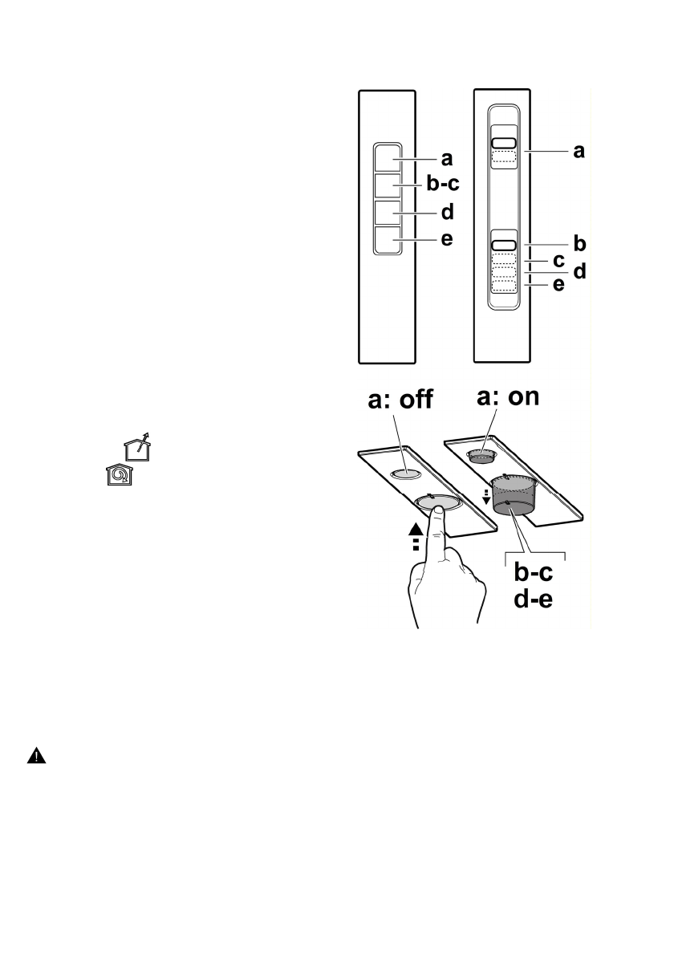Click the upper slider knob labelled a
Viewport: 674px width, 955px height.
tap(503, 143)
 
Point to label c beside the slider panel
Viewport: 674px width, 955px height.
tap(559, 260)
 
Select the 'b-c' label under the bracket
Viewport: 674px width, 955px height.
tap(534, 574)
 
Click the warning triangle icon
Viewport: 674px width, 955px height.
tap(37, 755)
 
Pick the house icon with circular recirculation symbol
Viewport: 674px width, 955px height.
tap(119, 475)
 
